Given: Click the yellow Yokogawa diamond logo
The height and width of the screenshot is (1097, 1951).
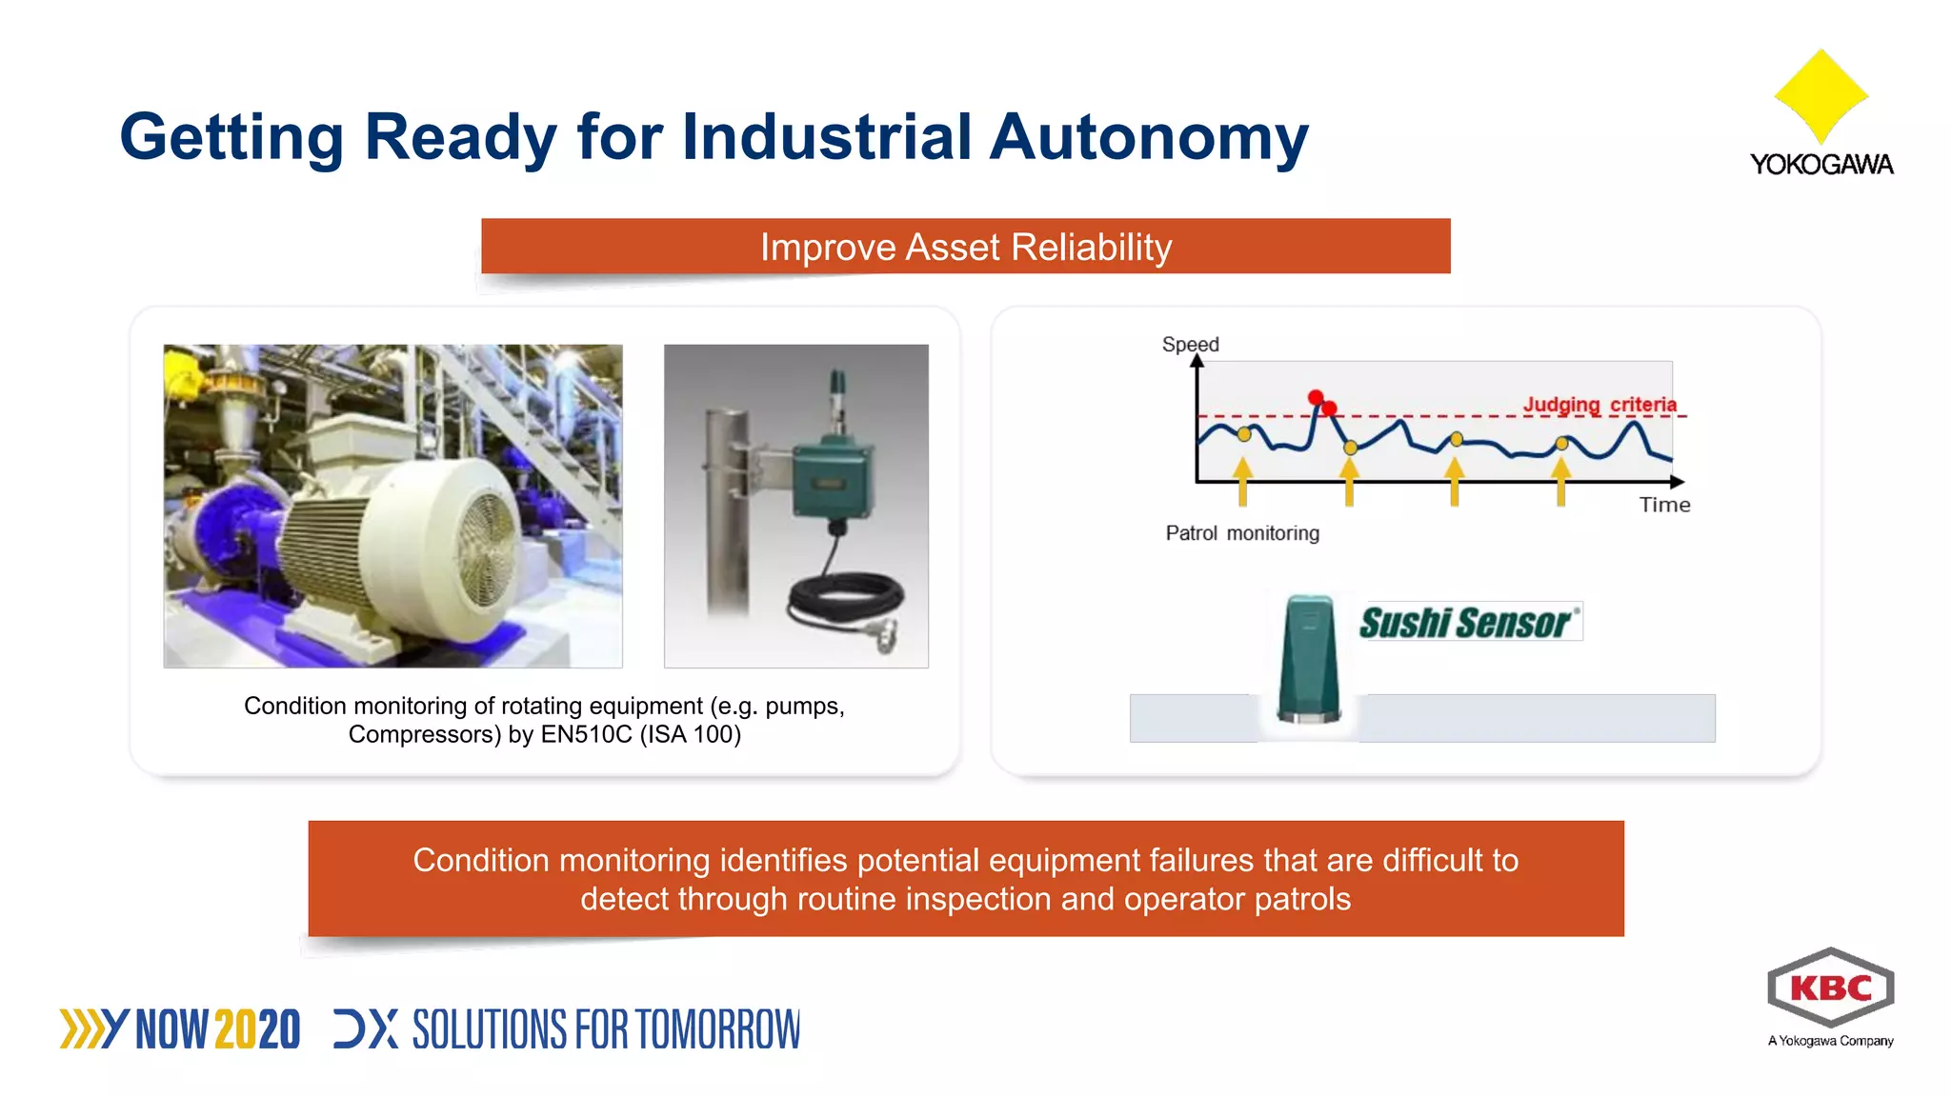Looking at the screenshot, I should coord(1820,95).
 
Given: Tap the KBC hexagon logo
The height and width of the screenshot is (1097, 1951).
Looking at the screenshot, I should coord(1830,988).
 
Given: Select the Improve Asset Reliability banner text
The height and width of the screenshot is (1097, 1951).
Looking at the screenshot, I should coord(965,248).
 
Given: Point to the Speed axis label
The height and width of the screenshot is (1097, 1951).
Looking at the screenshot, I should coord(1190,344).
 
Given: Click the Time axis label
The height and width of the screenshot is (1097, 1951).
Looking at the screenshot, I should coord(1664,505).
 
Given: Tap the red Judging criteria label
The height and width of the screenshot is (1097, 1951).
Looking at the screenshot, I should coord(1599,404).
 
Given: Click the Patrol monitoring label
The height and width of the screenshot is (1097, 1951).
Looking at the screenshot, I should coord(1242,533).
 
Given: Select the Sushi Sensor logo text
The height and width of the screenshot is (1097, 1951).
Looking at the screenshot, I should coord(1465,623).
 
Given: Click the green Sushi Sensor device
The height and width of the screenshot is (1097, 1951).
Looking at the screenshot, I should coord(1309,659).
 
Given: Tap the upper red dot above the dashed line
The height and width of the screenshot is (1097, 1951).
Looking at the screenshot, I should coord(1316,397).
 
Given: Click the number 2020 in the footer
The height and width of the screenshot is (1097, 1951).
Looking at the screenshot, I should coord(257,1030).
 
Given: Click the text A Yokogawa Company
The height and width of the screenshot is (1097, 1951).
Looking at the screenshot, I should coord(1830,1041).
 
